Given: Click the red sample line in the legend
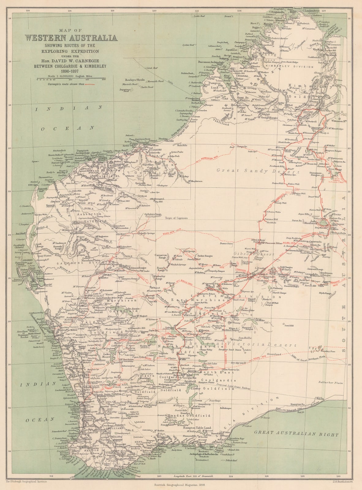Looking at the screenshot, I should (x=90, y=84).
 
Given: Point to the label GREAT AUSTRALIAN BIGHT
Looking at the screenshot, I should (x=296, y=434).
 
